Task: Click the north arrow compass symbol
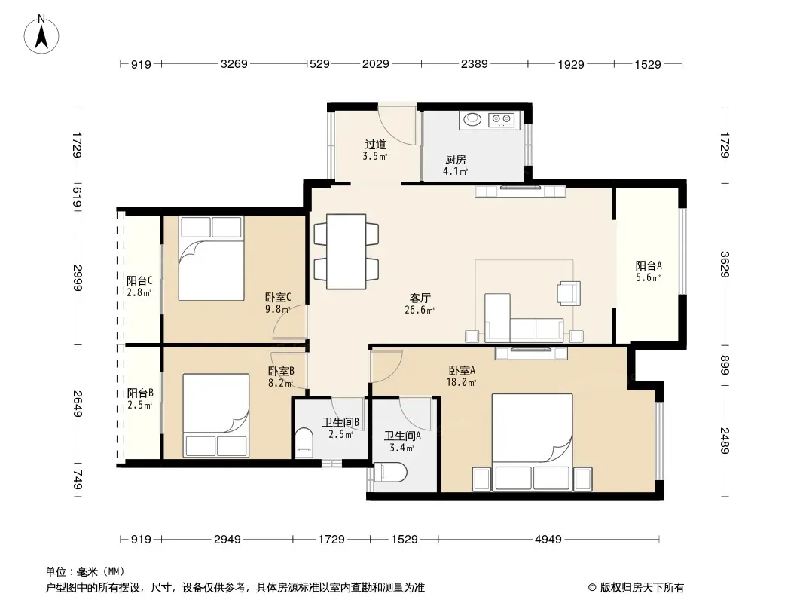[41, 34]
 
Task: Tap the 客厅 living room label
[420, 298]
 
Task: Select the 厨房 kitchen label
[455, 160]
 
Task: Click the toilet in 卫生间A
[390, 473]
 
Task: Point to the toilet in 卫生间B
[304, 442]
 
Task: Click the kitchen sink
[472, 119]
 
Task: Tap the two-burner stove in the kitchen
[502, 120]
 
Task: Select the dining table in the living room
[347, 252]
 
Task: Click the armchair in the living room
[569, 293]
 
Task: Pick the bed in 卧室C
[211, 259]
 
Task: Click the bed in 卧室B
[216, 415]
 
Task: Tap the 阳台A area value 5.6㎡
[649, 277]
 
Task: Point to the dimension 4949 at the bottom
[548, 539]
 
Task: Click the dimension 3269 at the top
[234, 64]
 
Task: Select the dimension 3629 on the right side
[724, 265]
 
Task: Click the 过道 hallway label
[375, 145]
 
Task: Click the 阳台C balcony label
[139, 280]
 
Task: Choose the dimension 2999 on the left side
[78, 277]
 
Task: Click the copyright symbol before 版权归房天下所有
[592, 588]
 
